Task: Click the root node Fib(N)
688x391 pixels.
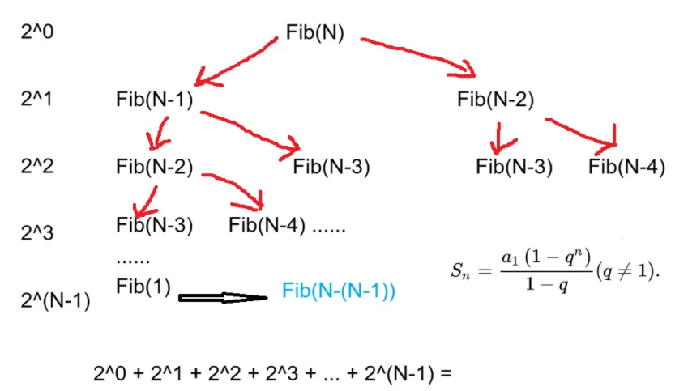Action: pyautogui.click(x=315, y=33)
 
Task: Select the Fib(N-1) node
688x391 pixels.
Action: pyautogui.click(x=154, y=100)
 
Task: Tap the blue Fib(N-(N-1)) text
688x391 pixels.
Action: pyautogui.click(x=338, y=291)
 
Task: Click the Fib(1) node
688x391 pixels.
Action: pyautogui.click(x=143, y=287)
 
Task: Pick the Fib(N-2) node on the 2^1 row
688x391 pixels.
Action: pyautogui.click(x=495, y=100)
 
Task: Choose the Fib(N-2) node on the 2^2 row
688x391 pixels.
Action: pyautogui.click(x=154, y=168)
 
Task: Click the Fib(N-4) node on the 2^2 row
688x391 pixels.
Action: pyautogui.click(x=626, y=168)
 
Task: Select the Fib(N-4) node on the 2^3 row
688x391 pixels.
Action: pyautogui.click(x=267, y=225)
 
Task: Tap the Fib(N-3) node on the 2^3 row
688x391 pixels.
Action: pyautogui.click(x=154, y=225)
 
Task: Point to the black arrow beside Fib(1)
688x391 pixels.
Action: pyautogui.click(x=221, y=298)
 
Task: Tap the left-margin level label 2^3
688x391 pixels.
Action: pyautogui.click(x=37, y=233)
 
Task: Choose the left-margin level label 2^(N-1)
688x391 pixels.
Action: pyautogui.click(x=55, y=301)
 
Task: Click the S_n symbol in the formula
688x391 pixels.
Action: pyautogui.click(x=460, y=271)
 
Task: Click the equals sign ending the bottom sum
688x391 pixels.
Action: pyautogui.click(x=442, y=374)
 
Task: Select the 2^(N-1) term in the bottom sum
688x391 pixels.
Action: pyautogui.click(x=400, y=374)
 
